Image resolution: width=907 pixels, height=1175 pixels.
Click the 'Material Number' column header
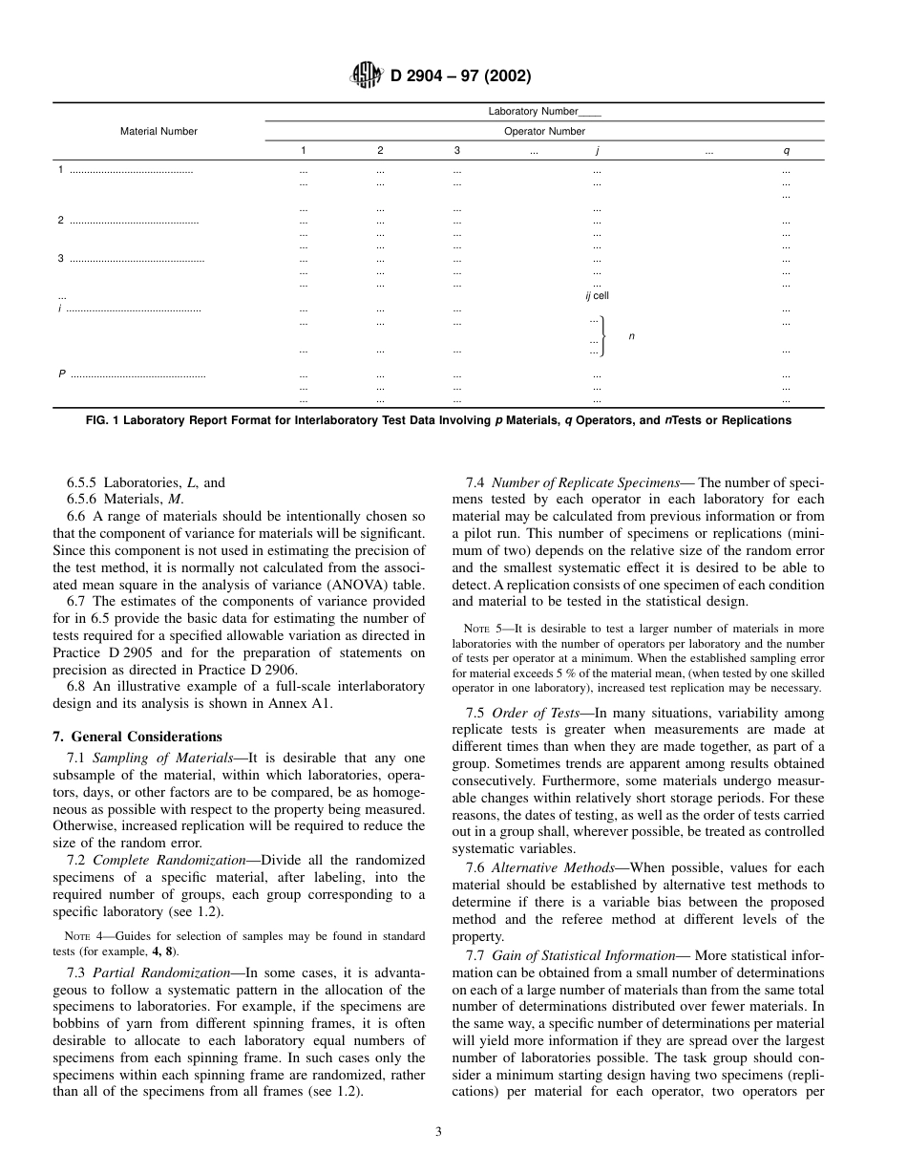click(x=158, y=132)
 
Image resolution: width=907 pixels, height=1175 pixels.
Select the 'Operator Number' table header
click(x=544, y=132)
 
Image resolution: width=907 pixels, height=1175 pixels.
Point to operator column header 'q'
click(x=786, y=151)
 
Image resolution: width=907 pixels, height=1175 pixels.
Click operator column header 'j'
click(x=597, y=151)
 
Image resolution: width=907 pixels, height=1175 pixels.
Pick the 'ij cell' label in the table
click(x=597, y=296)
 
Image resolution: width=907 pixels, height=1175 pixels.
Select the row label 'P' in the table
click(x=62, y=374)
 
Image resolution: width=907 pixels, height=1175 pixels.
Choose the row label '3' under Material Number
click(x=61, y=259)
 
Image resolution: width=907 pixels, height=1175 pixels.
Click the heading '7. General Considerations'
click(x=137, y=737)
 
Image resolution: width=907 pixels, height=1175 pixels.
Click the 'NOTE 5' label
click(x=478, y=629)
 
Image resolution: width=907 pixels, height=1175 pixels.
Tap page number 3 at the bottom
click(x=438, y=1132)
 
